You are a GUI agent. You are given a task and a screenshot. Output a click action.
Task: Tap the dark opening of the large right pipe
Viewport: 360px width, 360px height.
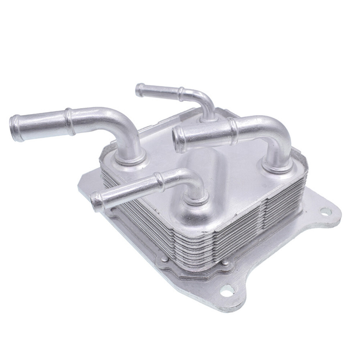pyautogui.click(x=177, y=136)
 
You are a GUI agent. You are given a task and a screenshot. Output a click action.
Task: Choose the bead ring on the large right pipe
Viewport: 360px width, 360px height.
pyautogui.click(x=234, y=128)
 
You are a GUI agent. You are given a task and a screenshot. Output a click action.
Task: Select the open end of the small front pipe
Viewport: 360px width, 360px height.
pyautogui.click(x=96, y=201)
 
